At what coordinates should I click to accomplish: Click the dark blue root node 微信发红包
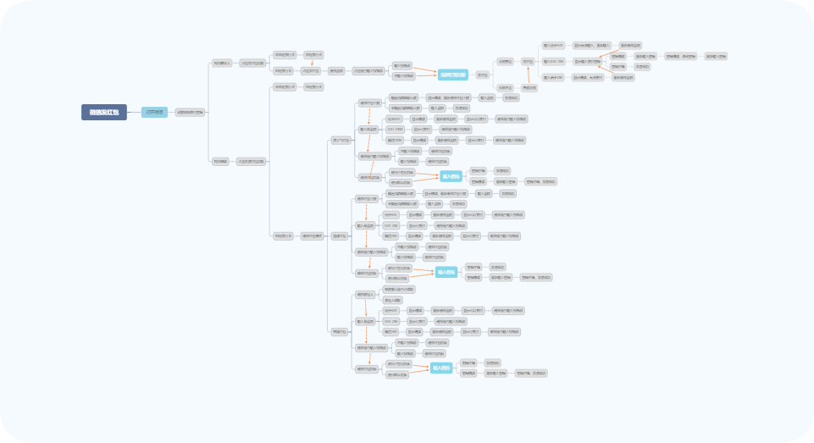point(104,112)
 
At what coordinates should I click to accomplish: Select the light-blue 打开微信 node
point(154,112)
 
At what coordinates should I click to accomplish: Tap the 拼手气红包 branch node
point(341,139)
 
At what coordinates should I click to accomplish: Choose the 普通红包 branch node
point(340,235)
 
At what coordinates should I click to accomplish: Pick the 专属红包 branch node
point(340,331)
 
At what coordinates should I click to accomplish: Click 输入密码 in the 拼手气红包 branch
point(451,176)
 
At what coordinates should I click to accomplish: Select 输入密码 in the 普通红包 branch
point(446,273)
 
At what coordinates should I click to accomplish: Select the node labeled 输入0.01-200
point(553,61)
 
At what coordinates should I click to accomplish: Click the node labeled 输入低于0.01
point(553,45)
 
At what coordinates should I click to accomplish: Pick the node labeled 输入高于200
point(553,77)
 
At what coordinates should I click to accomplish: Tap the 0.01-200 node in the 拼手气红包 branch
point(395,129)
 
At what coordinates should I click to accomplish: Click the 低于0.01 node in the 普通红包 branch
point(390,215)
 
